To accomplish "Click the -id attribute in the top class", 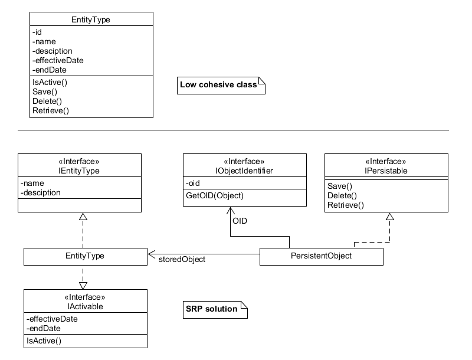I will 37,32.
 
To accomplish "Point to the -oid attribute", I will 194,182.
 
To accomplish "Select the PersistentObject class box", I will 321,256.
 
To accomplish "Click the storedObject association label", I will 182,260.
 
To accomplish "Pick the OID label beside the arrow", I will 240,221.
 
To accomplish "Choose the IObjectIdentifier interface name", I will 244,171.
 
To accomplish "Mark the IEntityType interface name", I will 79,171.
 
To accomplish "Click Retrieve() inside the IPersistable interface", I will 346,205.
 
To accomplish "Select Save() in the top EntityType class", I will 45,91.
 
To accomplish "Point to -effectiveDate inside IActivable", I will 52,319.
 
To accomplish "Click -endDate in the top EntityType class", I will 49,70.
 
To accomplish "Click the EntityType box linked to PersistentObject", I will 85,256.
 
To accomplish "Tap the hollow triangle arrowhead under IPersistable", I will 389,217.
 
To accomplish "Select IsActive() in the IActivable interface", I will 44,341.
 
